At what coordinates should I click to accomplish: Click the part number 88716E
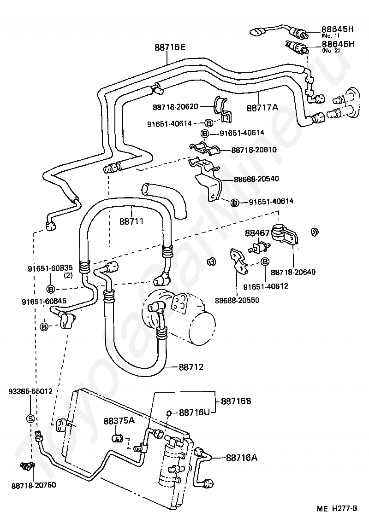170,48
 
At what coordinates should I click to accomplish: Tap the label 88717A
262,108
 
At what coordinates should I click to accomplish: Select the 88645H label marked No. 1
337,29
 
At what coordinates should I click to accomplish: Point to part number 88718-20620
175,107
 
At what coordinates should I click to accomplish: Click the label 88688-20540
256,179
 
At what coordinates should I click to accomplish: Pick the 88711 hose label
131,221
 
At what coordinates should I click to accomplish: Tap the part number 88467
257,233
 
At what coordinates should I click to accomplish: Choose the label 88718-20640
293,272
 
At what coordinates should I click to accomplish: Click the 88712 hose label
191,367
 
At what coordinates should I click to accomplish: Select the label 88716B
236,401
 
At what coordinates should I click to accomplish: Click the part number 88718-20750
34,485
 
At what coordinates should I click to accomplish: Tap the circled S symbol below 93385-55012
30,418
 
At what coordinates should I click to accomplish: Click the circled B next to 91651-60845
44,327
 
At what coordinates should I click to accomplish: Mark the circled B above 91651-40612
265,262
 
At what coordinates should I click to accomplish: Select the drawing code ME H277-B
337,509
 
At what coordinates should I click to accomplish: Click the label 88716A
242,458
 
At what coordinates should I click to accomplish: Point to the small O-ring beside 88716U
169,413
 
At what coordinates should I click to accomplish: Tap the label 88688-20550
237,300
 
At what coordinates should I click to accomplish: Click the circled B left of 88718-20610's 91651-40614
204,134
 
